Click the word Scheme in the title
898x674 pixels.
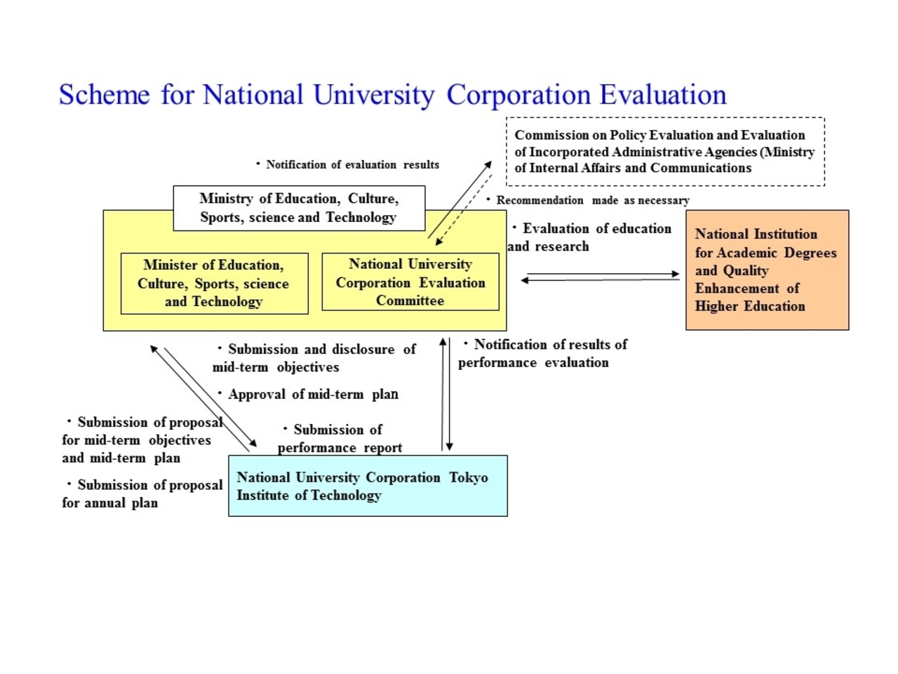[x=104, y=95]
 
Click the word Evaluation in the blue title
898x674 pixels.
[x=663, y=95]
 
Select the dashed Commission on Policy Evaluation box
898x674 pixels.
[x=665, y=152]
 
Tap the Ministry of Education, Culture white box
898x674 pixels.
[x=299, y=208]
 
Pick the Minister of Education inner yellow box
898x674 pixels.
[x=214, y=284]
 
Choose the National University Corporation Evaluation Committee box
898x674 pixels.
[x=410, y=282]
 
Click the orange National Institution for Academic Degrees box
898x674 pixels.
[x=767, y=270]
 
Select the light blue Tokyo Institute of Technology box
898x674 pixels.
[x=368, y=486]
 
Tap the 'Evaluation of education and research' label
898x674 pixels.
[x=589, y=237]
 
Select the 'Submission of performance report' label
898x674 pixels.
[x=340, y=438]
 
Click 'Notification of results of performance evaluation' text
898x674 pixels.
[x=542, y=353]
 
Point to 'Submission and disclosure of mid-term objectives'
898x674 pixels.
[x=314, y=358]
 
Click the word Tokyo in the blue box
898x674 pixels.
[x=469, y=477]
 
